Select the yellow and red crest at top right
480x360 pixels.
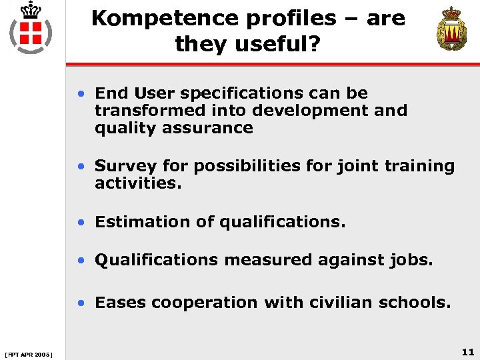coord(451,29)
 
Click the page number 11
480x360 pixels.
coord(467,351)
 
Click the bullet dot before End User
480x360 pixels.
coord(81,94)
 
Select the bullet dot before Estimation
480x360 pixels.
coord(81,222)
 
